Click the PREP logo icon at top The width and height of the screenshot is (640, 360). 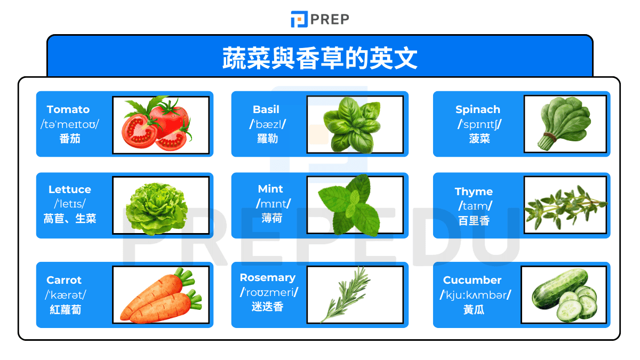299,19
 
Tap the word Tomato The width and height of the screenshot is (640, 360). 68,109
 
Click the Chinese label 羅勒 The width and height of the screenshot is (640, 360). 266,139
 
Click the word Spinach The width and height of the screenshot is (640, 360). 478,109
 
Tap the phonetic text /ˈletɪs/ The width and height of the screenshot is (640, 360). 69,204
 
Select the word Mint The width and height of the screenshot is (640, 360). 270,189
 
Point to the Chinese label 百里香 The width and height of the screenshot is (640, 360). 474,220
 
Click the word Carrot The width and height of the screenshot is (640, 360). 64,280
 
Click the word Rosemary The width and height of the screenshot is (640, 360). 267,277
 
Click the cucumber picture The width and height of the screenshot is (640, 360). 564,295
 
